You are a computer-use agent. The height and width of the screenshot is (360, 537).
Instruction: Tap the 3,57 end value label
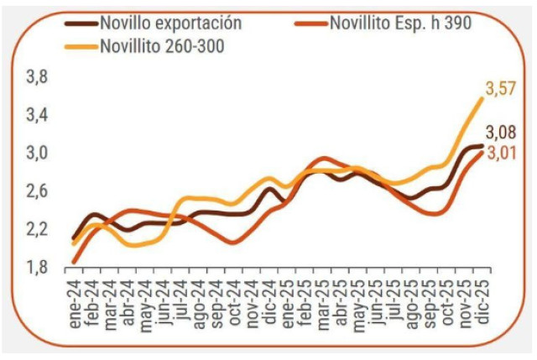coord(501,88)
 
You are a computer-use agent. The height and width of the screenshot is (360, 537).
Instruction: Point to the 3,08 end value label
coord(501,133)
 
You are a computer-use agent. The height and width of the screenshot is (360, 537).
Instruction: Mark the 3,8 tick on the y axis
coord(38,78)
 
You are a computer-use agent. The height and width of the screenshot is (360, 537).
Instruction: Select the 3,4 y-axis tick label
coord(38,116)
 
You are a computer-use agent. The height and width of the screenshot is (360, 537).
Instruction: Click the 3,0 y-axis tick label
coord(38,154)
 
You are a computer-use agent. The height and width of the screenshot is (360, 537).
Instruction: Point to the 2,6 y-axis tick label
coord(38,192)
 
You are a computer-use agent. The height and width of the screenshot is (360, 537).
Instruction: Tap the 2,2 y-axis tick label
coord(38,230)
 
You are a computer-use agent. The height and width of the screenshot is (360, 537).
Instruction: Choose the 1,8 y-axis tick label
coord(38,268)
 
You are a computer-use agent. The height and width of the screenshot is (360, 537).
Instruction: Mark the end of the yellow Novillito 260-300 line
coord(482,98)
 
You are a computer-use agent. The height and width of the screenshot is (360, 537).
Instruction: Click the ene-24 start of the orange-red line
coord(74,262)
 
